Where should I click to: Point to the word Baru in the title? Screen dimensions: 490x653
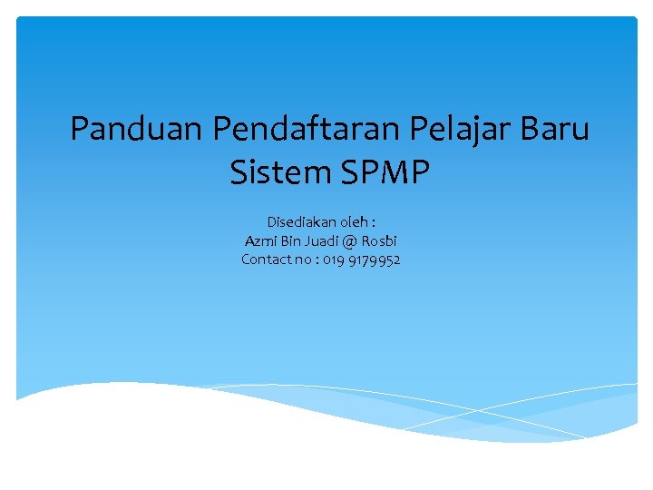click(x=555, y=129)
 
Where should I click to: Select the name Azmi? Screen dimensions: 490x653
click(x=260, y=241)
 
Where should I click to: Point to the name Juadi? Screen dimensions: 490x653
click(x=323, y=241)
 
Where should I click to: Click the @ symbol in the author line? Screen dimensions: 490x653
click(x=351, y=241)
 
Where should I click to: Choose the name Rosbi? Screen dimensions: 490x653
click(x=379, y=241)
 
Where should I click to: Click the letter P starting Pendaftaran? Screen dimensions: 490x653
click(x=221, y=129)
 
